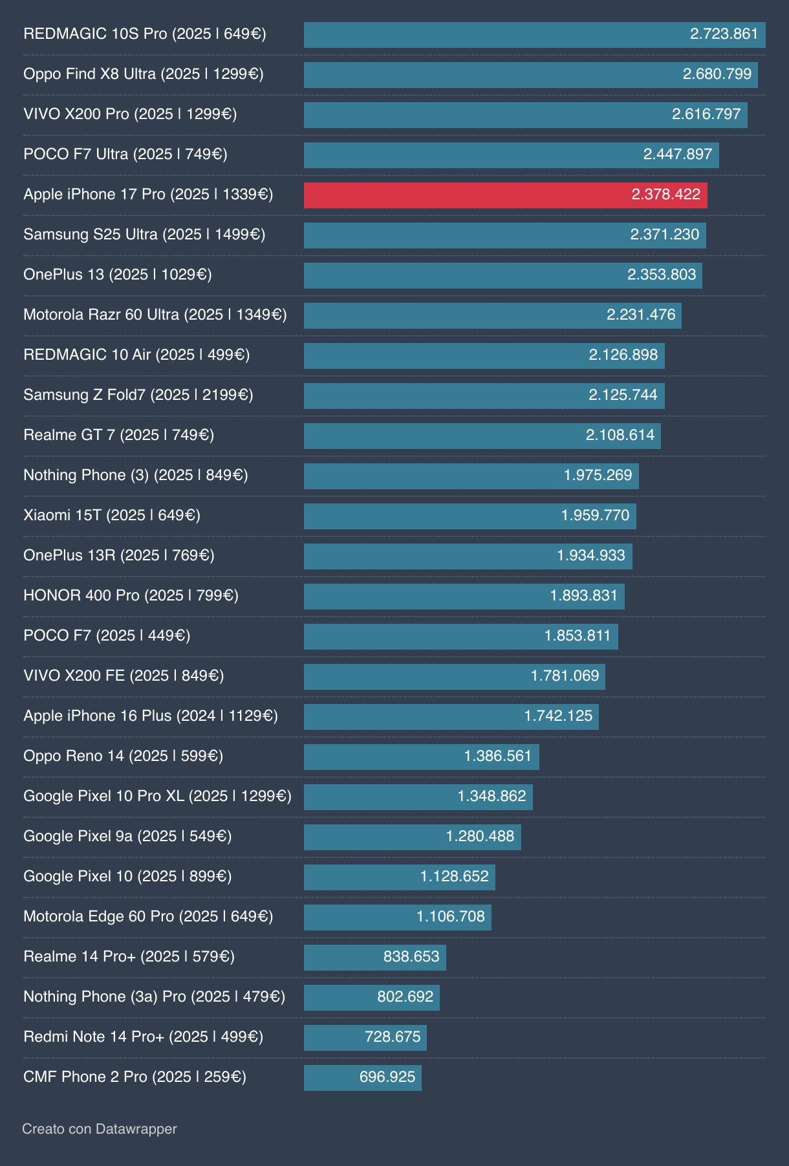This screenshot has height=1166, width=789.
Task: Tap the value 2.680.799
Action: tap(717, 74)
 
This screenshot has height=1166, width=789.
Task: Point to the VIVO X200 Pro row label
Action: tap(130, 115)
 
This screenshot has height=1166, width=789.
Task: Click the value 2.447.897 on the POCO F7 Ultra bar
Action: tap(677, 155)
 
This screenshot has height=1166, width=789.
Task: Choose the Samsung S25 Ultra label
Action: tap(144, 235)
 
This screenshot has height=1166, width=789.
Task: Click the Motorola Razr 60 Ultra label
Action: tap(155, 315)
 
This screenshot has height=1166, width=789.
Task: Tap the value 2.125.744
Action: tap(622, 395)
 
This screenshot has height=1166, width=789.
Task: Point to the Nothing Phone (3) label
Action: tap(135, 476)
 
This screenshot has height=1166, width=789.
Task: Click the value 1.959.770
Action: tap(594, 516)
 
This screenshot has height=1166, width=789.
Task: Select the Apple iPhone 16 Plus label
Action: tap(150, 716)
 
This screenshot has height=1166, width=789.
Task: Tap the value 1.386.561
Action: tap(497, 756)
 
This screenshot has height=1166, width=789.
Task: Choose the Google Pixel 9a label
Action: tap(127, 837)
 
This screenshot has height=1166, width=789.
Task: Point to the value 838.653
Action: tap(411, 957)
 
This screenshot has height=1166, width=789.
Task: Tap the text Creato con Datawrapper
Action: tap(99, 1129)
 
